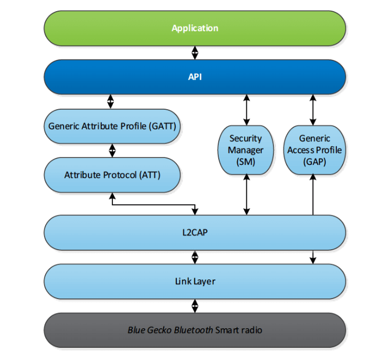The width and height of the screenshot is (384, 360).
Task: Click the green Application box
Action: [x=194, y=28]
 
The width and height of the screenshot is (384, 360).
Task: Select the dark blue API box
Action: [x=194, y=77]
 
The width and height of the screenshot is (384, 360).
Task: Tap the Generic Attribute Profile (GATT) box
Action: [x=112, y=127]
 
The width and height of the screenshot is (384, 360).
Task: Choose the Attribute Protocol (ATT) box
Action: [x=112, y=174]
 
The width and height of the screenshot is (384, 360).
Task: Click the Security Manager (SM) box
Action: [x=245, y=151]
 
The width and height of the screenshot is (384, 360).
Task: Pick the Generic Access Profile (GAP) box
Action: [x=314, y=151]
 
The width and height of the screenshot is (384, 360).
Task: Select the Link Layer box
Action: [x=194, y=281]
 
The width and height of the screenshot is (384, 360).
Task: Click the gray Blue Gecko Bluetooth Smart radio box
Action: [x=194, y=330]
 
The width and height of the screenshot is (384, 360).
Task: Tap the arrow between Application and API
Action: [x=194, y=52]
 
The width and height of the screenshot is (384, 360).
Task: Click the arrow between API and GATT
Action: [x=111, y=101]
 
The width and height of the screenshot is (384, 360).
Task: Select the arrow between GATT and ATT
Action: [x=112, y=151]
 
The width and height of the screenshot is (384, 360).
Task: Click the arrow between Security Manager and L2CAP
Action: [x=246, y=196]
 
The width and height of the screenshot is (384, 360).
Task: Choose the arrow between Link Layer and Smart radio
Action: [x=194, y=305]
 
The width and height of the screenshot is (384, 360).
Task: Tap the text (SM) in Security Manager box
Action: [x=245, y=162]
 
